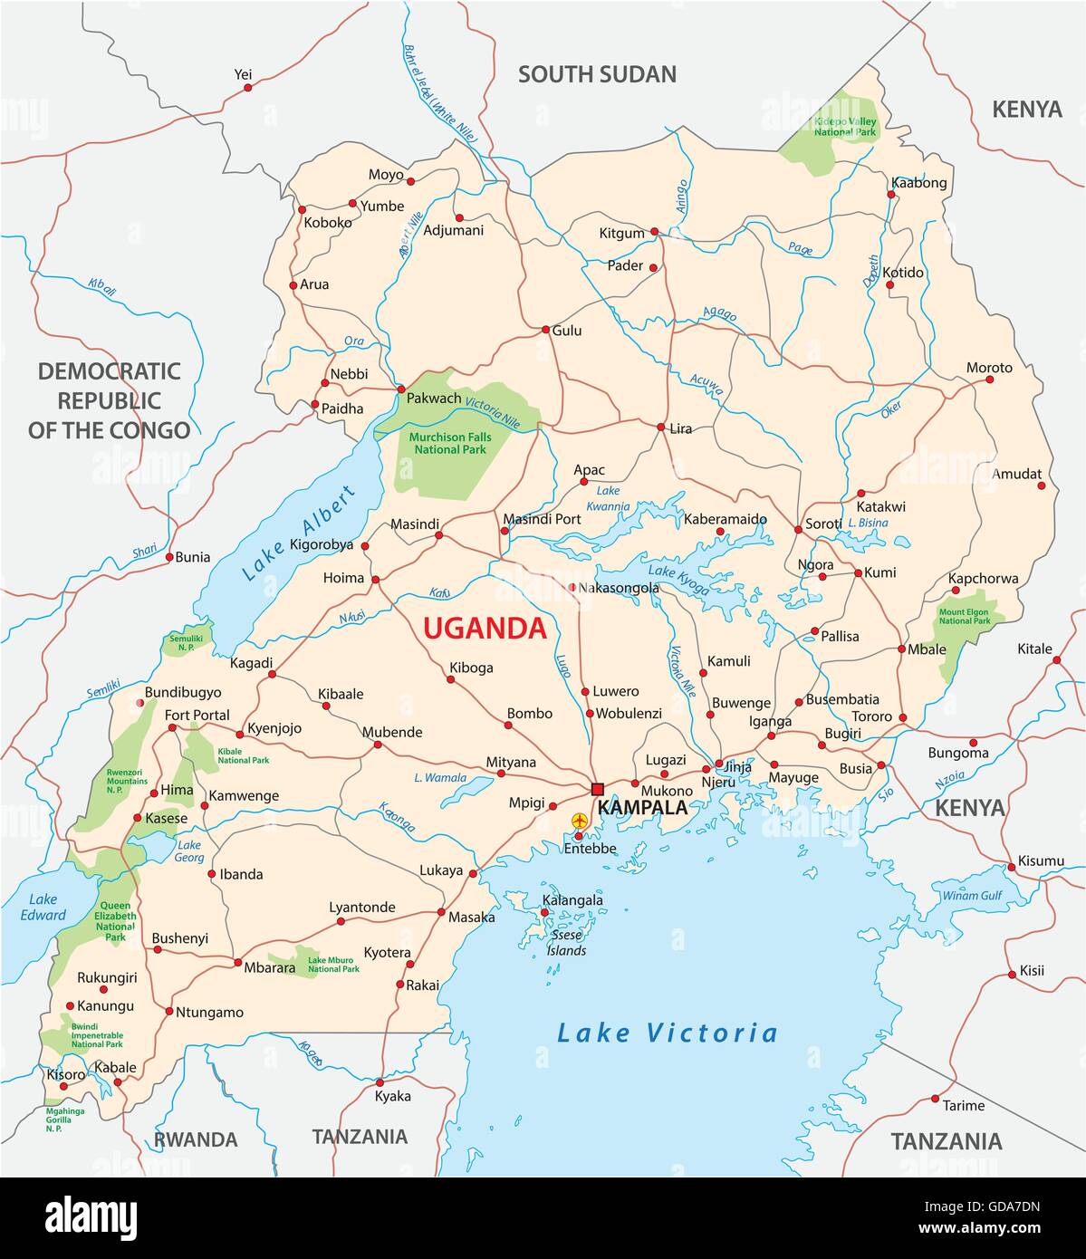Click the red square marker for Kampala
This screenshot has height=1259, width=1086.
597,788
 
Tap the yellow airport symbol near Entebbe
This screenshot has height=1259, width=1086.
580,821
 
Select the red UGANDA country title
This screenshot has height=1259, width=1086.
485,628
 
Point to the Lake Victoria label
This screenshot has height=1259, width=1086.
667,1033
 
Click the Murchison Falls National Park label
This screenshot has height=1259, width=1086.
442,443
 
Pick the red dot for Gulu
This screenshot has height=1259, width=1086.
545,330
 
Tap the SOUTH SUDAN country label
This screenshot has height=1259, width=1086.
597,74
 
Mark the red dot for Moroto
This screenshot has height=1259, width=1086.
989,380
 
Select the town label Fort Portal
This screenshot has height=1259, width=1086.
197,715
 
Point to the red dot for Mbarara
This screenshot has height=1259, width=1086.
237,962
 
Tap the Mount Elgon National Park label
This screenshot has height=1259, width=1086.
963,616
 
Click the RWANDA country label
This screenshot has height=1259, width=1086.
196,1139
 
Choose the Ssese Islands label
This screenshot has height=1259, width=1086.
569,942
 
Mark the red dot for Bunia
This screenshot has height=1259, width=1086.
169,557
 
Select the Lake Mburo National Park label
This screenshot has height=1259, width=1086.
333,965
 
